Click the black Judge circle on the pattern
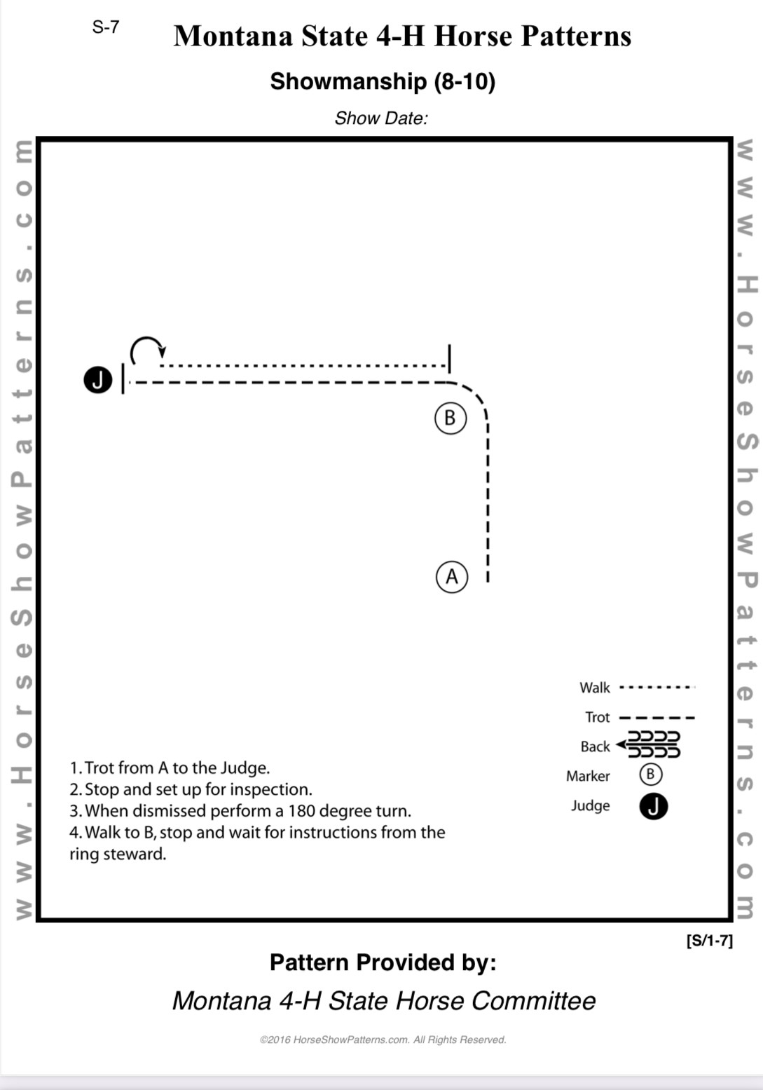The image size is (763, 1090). (x=98, y=380)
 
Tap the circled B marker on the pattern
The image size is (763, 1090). (x=450, y=418)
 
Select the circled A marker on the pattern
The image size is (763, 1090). (x=451, y=577)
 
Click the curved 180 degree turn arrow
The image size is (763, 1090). (x=147, y=349)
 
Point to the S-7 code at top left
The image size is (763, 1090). (x=106, y=27)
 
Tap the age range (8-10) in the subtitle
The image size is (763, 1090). (x=464, y=81)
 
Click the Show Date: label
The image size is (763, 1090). (x=380, y=118)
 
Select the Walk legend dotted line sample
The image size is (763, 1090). (x=657, y=688)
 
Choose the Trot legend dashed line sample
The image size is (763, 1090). (x=657, y=717)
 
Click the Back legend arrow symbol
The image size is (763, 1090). (x=649, y=745)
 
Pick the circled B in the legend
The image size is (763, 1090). (x=650, y=775)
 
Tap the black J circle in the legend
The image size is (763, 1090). (x=653, y=806)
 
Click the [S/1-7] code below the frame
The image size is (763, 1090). (x=709, y=941)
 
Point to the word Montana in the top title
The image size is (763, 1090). (x=233, y=36)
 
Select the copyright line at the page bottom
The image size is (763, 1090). (x=383, y=1040)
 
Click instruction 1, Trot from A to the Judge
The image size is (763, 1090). (x=170, y=768)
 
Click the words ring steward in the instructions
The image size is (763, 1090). (x=118, y=854)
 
